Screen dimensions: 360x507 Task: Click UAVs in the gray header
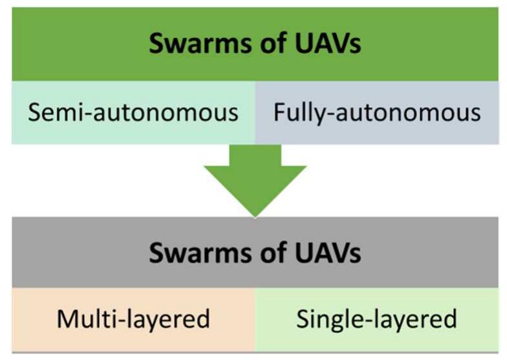click(324, 253)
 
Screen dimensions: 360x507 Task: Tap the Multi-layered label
click(134, 319)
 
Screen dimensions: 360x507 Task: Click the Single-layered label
click(376, 319)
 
